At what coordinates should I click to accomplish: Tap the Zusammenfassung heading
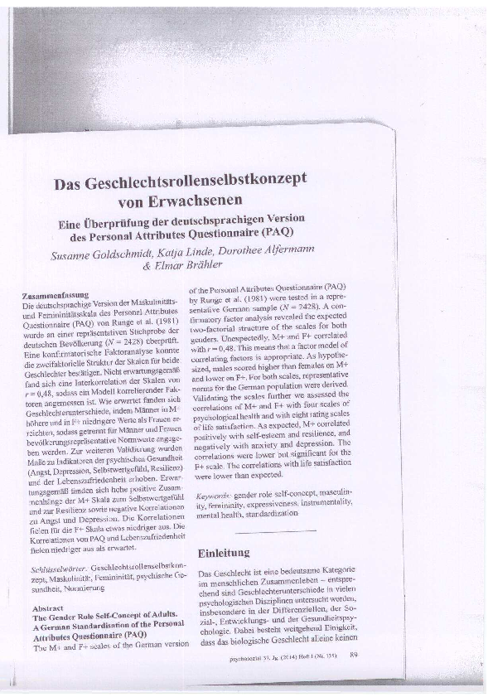click(x=56, y=295)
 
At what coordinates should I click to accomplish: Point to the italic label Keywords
click(x=212, y=495)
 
